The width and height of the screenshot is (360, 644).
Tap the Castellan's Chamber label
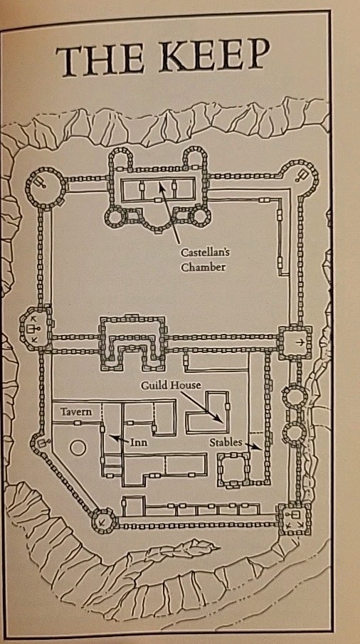pyautogui.click(x=203, y=260)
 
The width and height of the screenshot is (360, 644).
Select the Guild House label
pyautogui.click(x=171, y=386)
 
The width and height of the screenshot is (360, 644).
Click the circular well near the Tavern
pyautogui.click(x=78, y=448)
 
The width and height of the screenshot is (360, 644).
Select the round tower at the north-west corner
pyautogui.click(x=46, y=188)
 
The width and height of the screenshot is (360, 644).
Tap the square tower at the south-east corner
pyautogui.click(x=294, y=519)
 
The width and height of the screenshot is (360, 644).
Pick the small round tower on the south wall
pyautogui.click(x=105, y=521)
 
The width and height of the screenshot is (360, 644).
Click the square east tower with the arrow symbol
pyautogui.click(x=295, y=342)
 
